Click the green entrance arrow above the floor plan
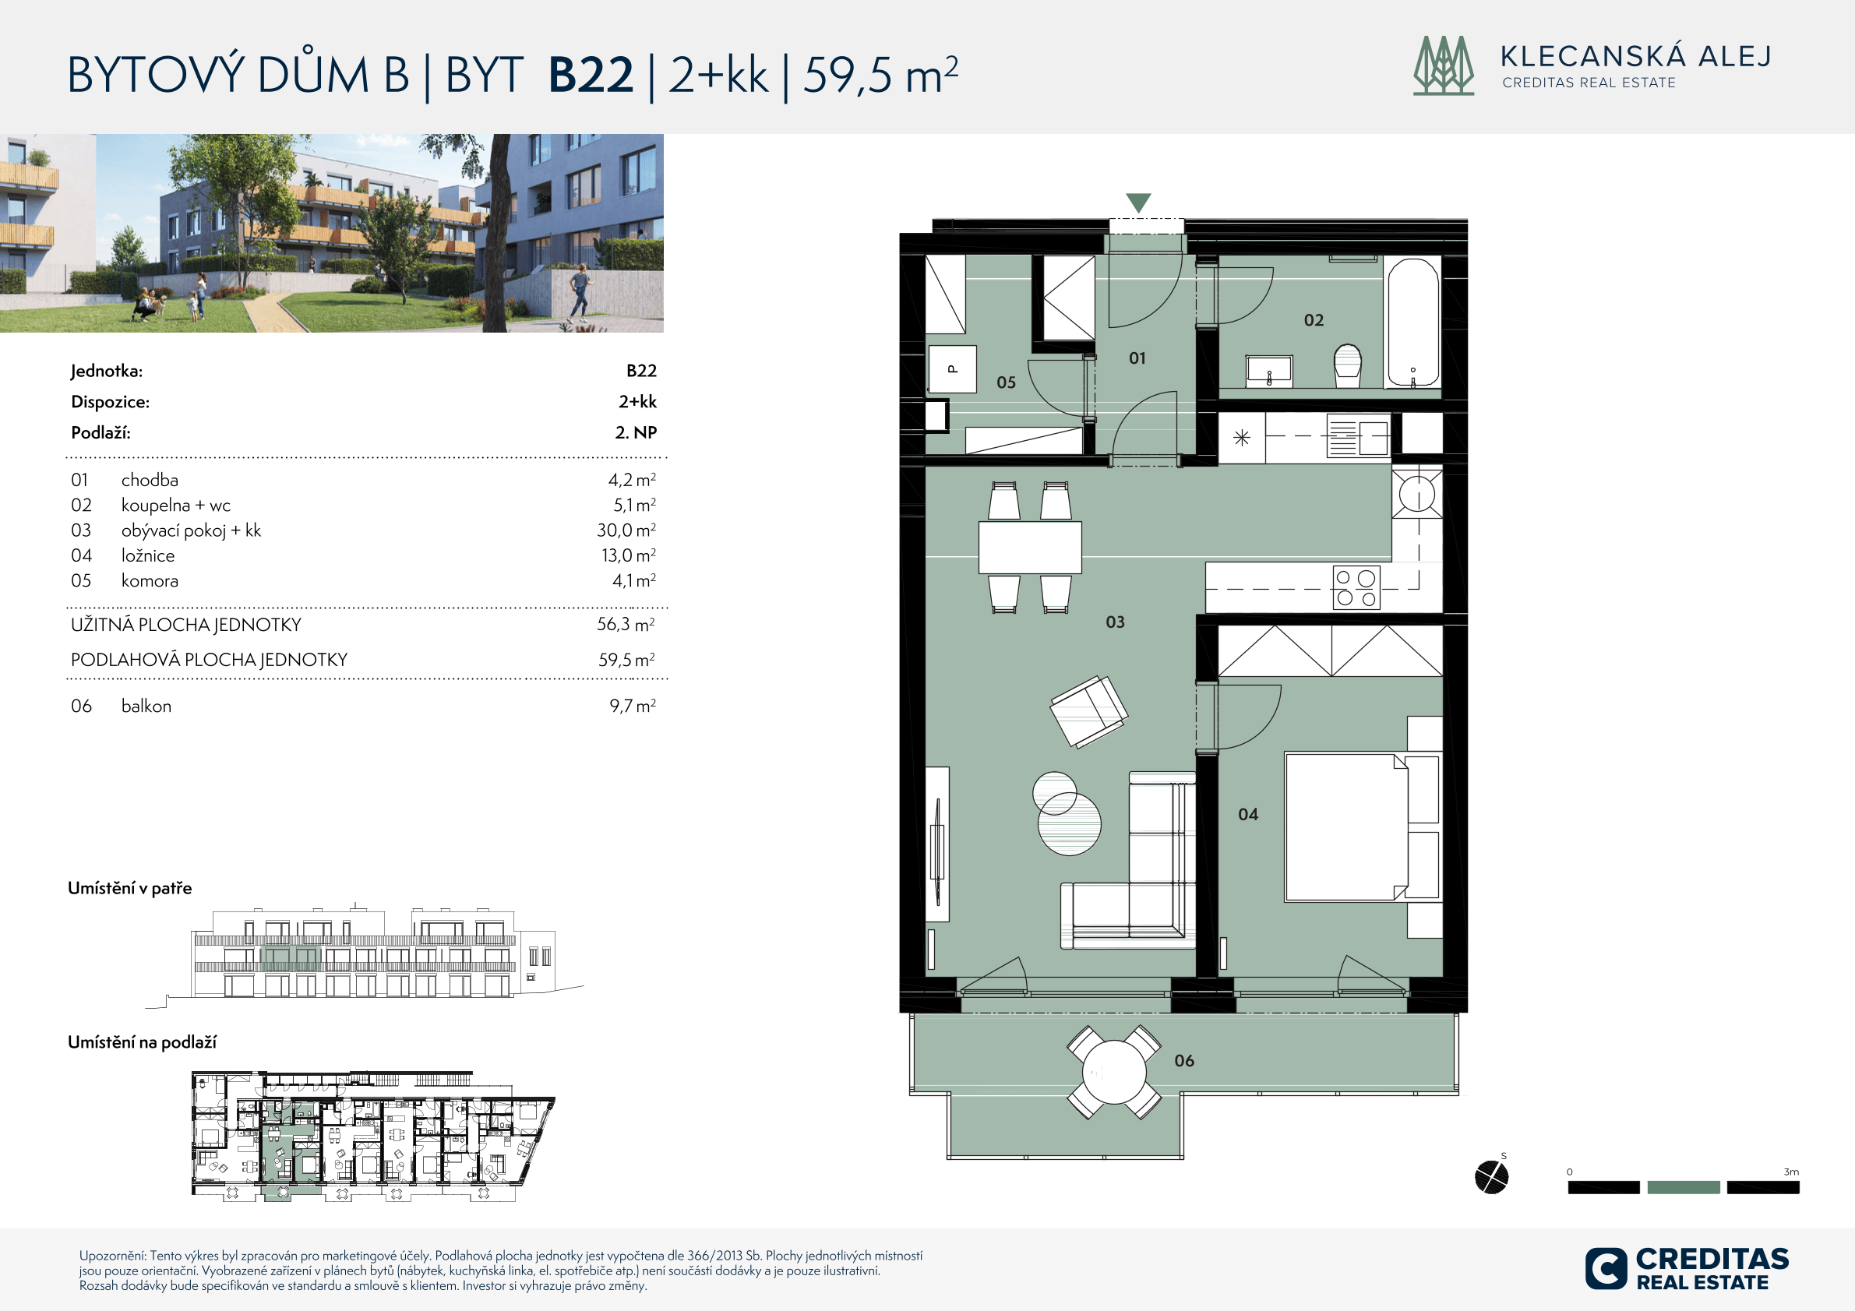[x=1138, y=203]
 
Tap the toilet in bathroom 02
[x=1348, y=366]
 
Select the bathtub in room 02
[x=1413, y=322]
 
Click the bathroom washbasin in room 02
[x=1269, y=370]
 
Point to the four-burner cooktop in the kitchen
[x=1356, y=587]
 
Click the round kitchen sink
[x=1417, y=493]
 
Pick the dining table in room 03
[x=1030, y=547]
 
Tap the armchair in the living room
[x=1088, y=711]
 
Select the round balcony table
[x=1113, y=1072]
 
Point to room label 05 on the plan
[x=1006, y=382]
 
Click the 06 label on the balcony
[x=1183, y=1061]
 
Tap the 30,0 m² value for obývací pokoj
[x=626, y=530]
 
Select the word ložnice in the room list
[x=148, y=555]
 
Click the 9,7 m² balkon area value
[x=633, y=705]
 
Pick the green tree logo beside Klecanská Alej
[x=1443, y=65]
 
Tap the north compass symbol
[x=1491, y=1176]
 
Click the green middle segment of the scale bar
[x=1684, y=1186]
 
